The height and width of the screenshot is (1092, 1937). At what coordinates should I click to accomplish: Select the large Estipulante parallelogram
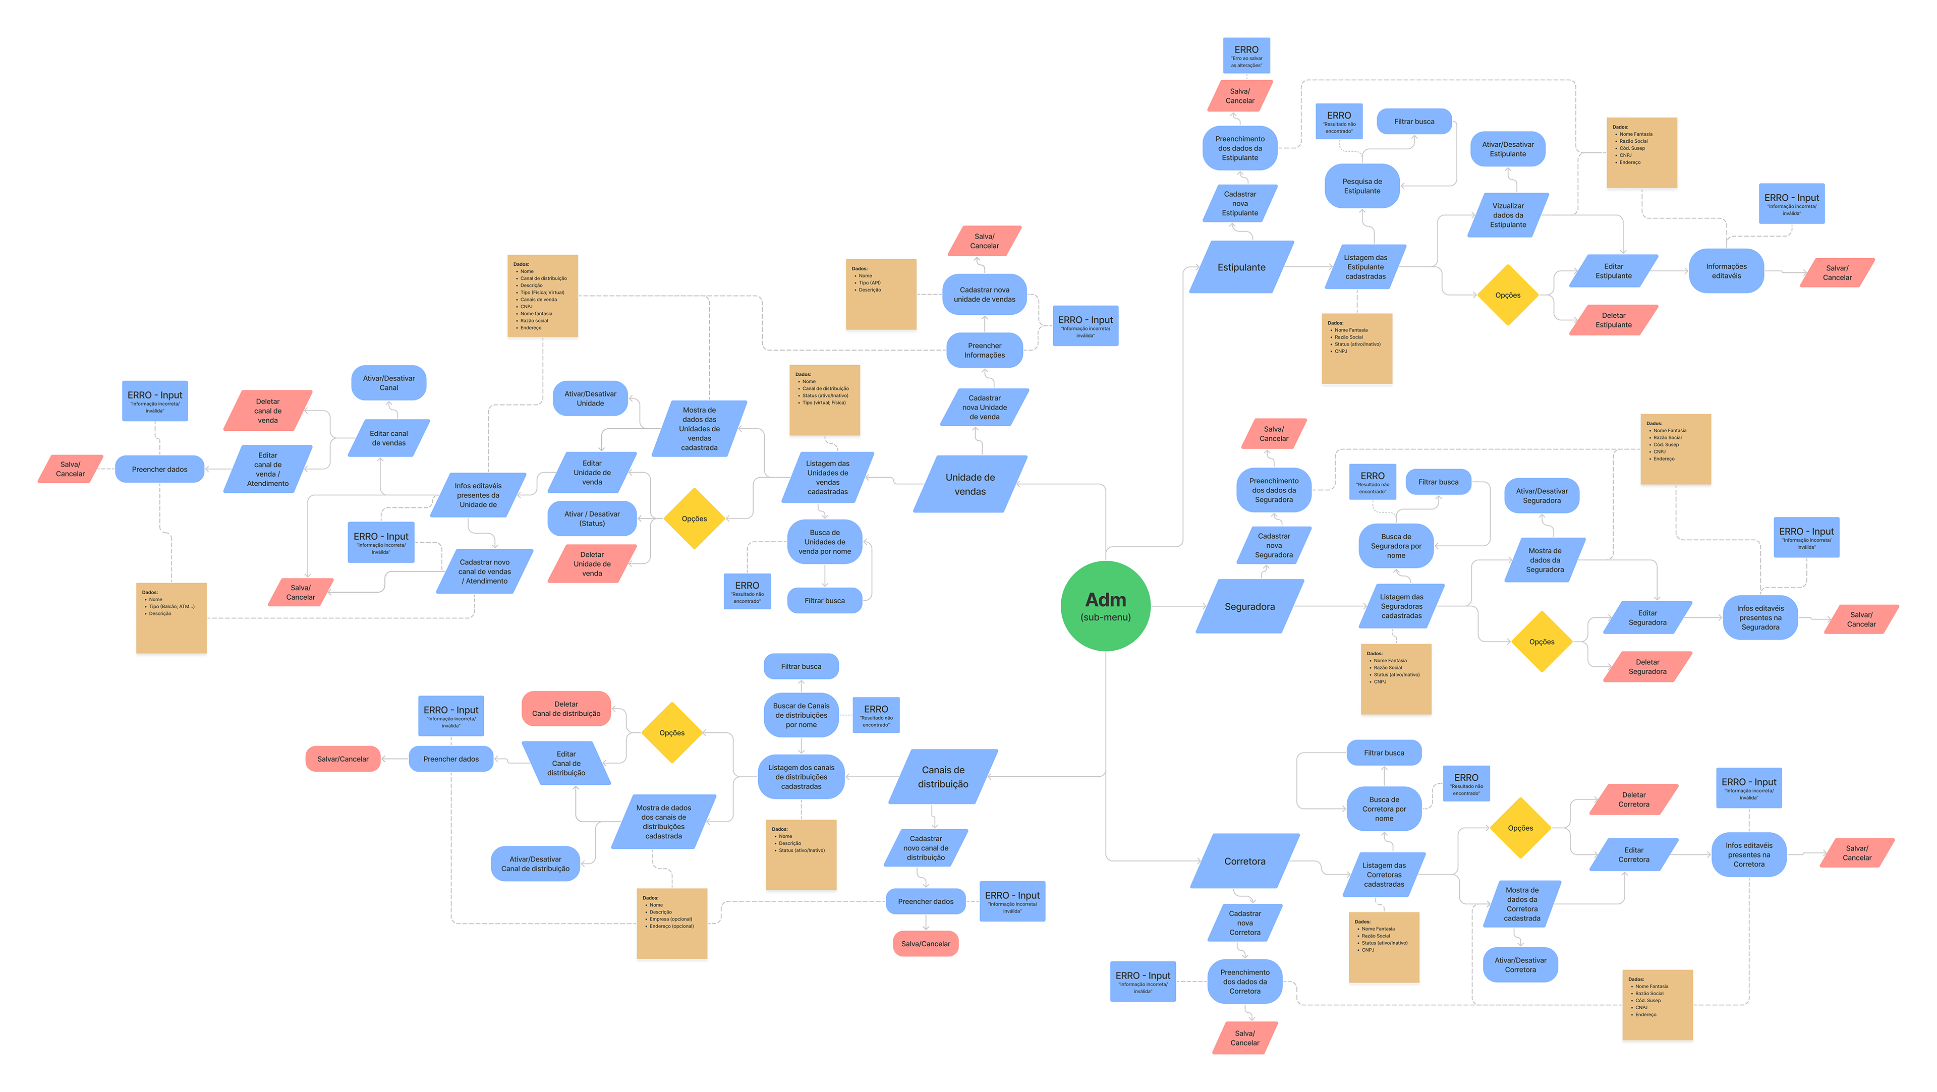pyautogui.click(x=1241, y=267)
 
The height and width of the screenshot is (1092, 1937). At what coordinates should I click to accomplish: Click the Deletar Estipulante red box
pyautogui.click(x=1613, y=320)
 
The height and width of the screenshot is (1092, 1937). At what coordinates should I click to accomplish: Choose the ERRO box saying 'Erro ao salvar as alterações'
pyautogui.click(x=1246, y=55)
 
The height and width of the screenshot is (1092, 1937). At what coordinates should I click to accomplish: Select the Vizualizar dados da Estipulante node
pyautogui.click(x=1508, y=215)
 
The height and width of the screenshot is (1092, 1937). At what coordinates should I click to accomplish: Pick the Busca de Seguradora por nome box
pyautogui.click(x=1396, y=546)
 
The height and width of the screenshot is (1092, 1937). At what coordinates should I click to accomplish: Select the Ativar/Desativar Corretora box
pyautogui.click(x=1520, y=965)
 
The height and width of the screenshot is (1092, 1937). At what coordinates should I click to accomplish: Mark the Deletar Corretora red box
pyautogui.click(x=1633, y=799)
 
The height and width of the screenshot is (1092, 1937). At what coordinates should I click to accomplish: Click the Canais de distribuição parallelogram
pyautogui.click(x=943, y=777)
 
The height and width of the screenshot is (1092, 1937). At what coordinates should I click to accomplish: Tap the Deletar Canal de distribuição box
pyautogui.click(x=566, y=709)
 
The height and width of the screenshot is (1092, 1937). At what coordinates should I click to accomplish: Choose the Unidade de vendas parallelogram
pyautogui.click(x=970, y=484)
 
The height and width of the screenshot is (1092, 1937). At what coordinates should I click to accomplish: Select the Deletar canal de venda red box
pyautogui.click(x=268, y=411)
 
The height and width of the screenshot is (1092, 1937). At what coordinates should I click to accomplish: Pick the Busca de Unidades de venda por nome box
pyautogui.click(x=824, y=542)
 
